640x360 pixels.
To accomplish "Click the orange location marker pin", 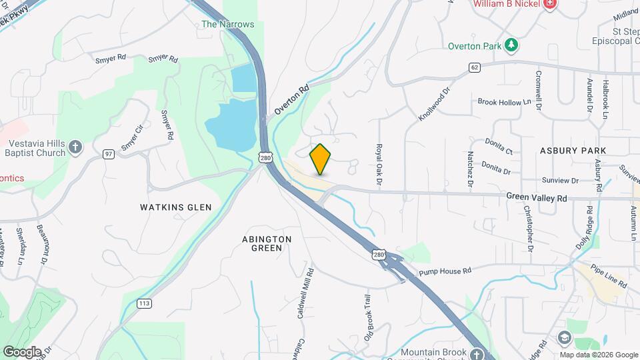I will click(x=320, y=159).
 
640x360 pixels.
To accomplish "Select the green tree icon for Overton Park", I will click(x=511, y=45).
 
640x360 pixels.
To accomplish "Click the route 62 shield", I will click(x=474, y=67).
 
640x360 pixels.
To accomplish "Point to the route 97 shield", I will click(x=108, y=154).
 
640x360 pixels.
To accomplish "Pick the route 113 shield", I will click(x=143, y=303).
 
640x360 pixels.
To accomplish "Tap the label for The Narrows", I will click(x=227, y=24).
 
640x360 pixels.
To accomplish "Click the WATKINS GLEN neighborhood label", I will click(x=176, y=207).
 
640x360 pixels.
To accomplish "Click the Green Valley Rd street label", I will click(x=536, y=197).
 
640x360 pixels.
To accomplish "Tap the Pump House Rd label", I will click(x=445, y=271).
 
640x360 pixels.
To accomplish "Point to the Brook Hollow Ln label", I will click(x=505, y=102).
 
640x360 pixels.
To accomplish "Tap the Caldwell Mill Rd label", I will click(x=306, y=293).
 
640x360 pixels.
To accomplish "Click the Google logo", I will click(x=22, y=352).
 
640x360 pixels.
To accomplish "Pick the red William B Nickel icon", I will click(x=550, y=5).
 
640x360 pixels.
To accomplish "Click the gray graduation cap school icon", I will click(x=565, y=339).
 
